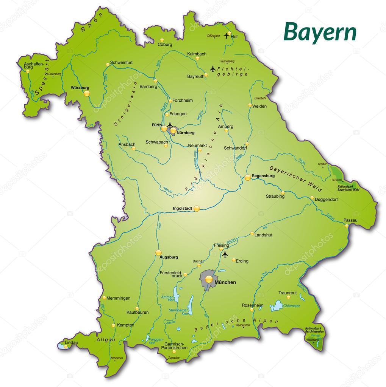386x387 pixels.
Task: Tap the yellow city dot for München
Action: tap(209, 280)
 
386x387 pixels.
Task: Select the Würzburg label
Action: tap(80, 88)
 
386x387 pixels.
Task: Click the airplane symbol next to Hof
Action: tap(227, 36)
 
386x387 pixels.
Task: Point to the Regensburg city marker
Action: tap(247, 177)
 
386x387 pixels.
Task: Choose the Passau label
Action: tap(350, 220)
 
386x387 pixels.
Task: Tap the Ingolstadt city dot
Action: tap(197, 208)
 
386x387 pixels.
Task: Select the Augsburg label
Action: tap(169, 257)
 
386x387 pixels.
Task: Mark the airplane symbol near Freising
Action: tap(225, 254)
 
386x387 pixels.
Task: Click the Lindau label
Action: tap(71, 343)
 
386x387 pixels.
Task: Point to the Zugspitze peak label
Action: tap(173, 358)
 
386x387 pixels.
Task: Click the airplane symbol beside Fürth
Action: tap(170, 125)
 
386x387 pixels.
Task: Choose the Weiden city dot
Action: tap(250, 105)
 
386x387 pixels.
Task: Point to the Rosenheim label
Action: tap(252, 305)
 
